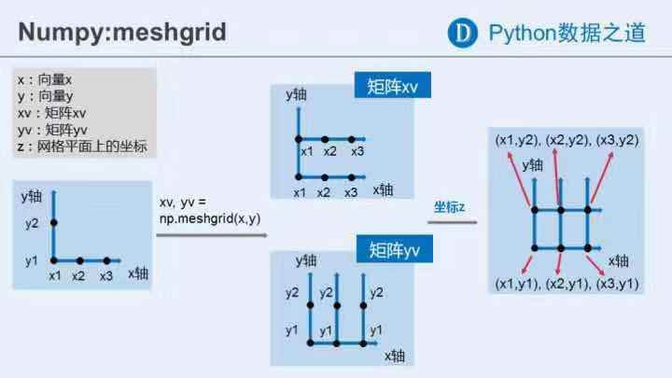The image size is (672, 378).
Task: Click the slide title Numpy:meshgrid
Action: coord(122,31)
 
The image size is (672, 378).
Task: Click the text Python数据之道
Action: coord(567,32)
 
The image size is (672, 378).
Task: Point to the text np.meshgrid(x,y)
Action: coord(209,217)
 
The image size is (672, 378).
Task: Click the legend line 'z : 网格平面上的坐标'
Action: coord(81,147)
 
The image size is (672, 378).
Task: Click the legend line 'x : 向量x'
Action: coord(44,79)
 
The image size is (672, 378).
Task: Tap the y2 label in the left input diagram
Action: coord(33,223)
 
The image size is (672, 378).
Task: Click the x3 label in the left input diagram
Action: coord(105,275)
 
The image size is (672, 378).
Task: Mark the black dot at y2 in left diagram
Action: coord(53,223)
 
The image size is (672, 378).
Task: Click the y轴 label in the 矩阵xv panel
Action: coord(296,95)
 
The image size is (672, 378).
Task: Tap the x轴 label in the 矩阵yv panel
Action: coord(395,355)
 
